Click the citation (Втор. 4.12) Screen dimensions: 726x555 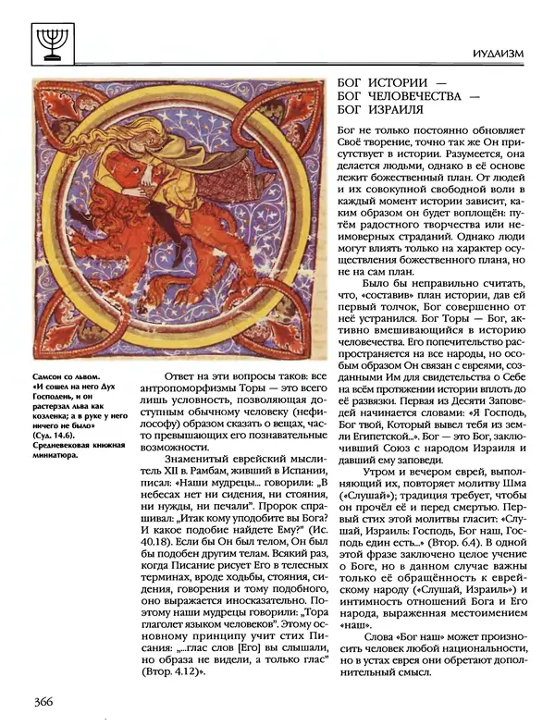coord(191,671)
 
